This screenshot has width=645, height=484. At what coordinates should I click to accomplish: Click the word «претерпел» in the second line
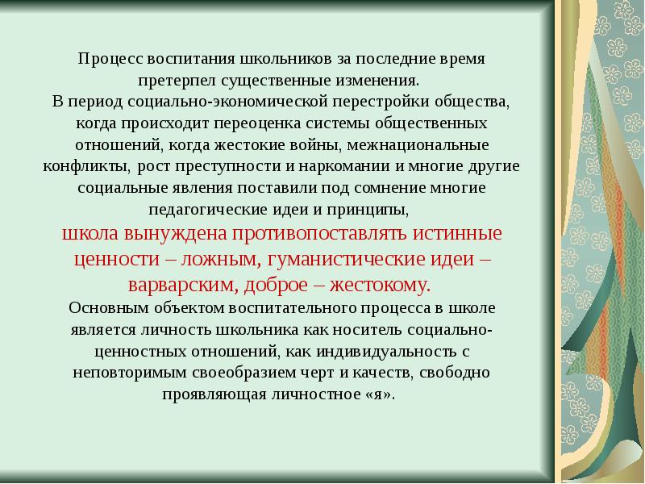pos(171,81)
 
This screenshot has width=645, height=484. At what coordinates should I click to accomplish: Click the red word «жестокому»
pos(381,286)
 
